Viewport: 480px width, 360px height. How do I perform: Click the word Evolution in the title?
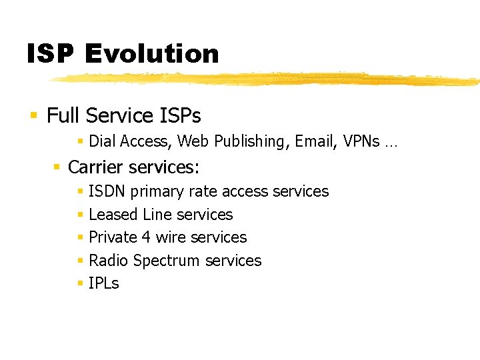pyautogui.click(x=152, y=53)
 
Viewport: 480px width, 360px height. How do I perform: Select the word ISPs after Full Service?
pyautogui.click(x=179, y=116)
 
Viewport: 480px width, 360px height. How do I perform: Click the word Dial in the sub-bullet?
pyautogui.click(x=102, y=141)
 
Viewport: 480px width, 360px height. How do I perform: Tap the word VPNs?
pyautogui.click(x=361, y=141)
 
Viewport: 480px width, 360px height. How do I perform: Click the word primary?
pyautogui.click(x=157, y=192)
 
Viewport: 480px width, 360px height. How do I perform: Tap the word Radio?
pyautogui.click(x=109, y=261)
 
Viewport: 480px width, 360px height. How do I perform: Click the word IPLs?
pyautogui.click(x=103, y=283)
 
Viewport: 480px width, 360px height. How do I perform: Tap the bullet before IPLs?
pyautogui.click(x=79, y=284)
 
